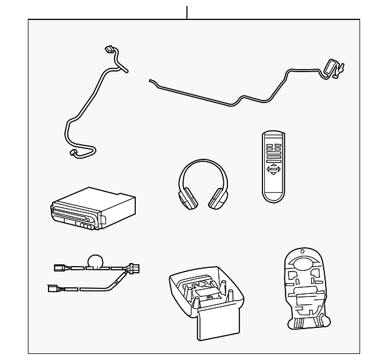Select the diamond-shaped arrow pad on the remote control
click(x=274, y=170)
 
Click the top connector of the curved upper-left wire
click(x=109, y=50)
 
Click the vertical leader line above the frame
click(x=187, y=12)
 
